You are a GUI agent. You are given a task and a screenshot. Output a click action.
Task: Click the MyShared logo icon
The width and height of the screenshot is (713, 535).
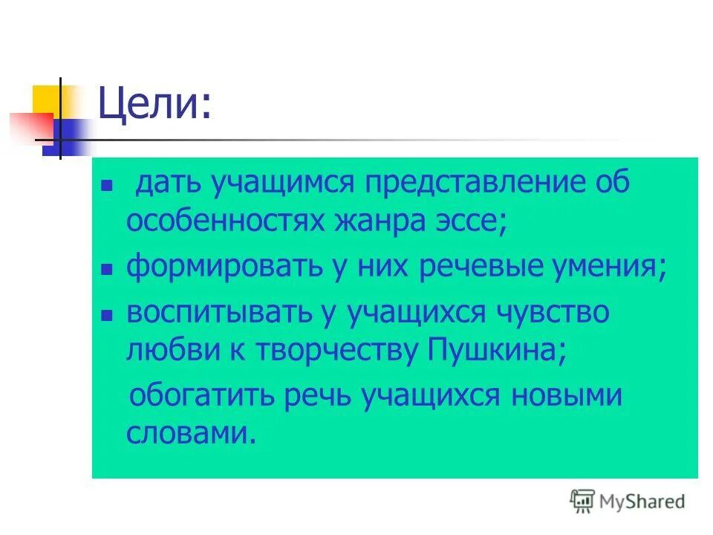coord(582,502)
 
